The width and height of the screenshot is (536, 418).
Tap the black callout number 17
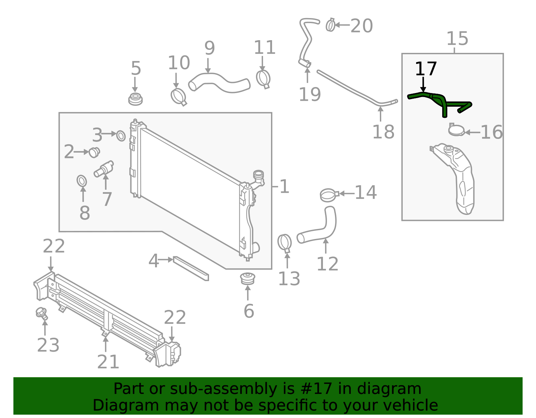click(x=426, y=69)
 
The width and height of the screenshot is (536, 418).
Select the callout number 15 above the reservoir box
click(x=457, y=39)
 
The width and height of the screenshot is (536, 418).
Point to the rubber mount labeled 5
click(x=135, y=99)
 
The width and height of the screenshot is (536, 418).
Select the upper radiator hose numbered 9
click(x=219, y=82)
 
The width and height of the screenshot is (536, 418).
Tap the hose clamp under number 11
click(x=263, y=79)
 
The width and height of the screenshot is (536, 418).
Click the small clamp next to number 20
click(x=330, y=25)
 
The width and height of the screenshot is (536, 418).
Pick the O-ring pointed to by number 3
click(x=121, y=136)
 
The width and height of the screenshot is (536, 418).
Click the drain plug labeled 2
click(x=94, y=153)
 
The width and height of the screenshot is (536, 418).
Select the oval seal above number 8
click(x=82, y=181)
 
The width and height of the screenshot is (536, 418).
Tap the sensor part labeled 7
click(x=104, y=169)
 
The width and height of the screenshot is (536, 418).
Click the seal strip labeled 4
click(x=191, y=268)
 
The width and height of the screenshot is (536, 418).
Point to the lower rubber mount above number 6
click(x=248, y=278)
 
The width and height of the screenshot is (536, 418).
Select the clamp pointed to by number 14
click(x=329, y=195)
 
